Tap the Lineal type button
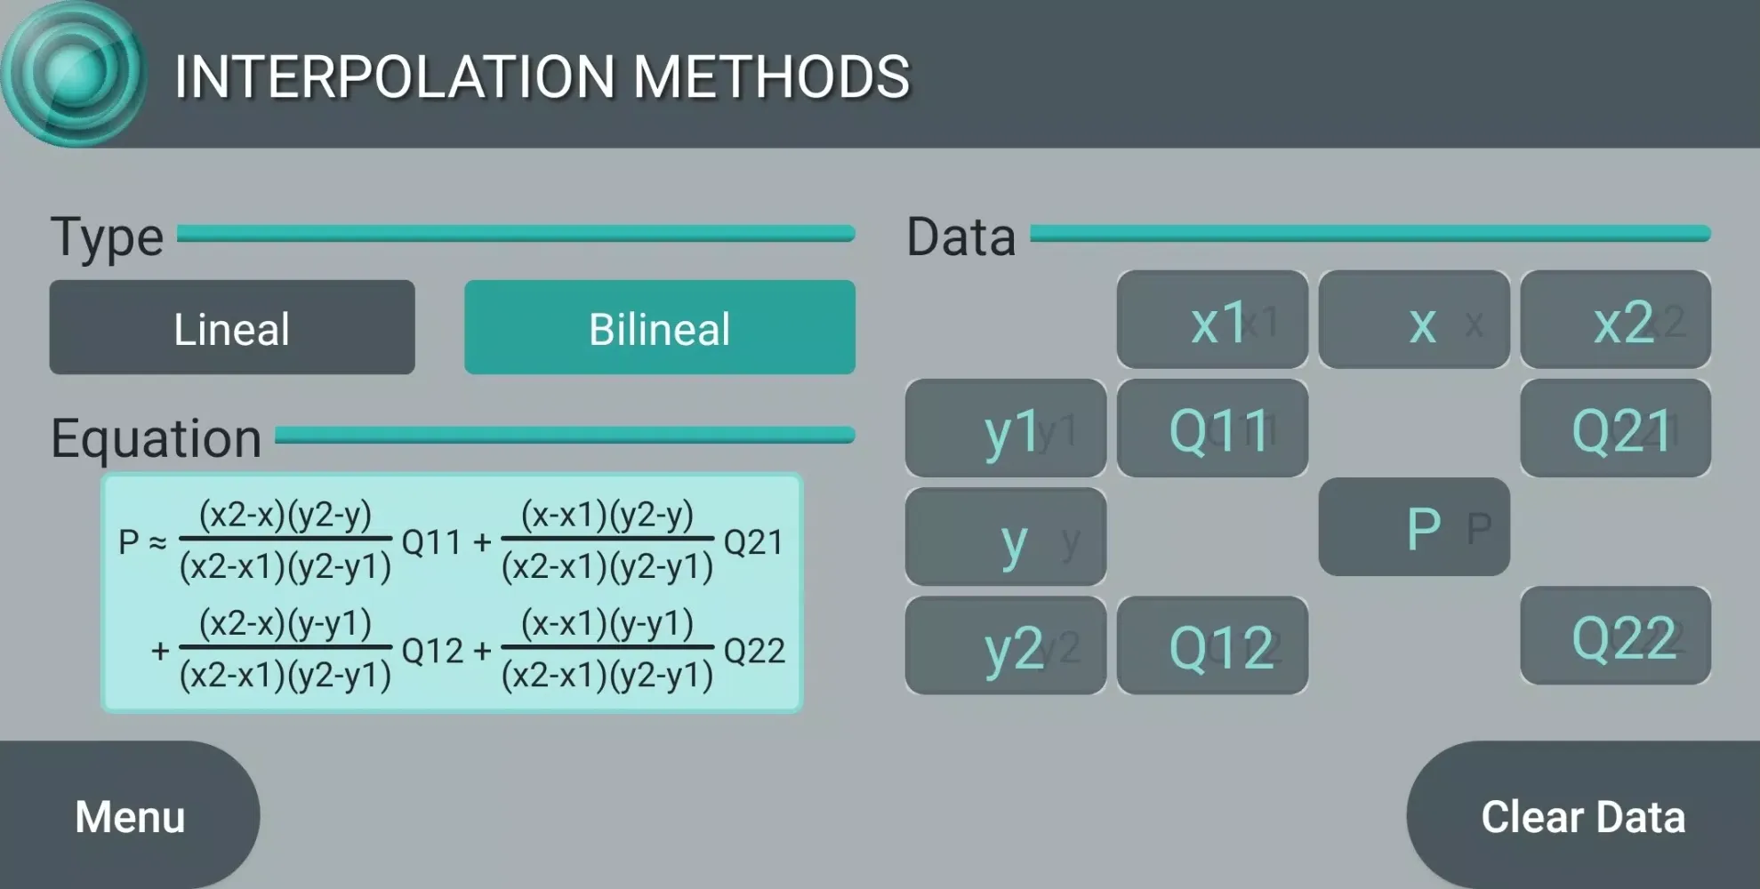(231, 327)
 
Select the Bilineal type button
(659, 327)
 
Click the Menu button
(130, 816)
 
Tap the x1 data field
(1212, 320)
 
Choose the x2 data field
(1615, 320)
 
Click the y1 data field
(1006, 428)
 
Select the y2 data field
(1006, 645)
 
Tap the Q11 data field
(1212, 428)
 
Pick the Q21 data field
(1615, 428)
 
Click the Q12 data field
(1212, 645)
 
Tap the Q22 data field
(1615, 636)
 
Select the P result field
(1414, 527)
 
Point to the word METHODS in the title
(771, 76)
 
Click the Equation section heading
(157, 437)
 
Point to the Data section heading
(960, 236)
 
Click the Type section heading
(107, 236)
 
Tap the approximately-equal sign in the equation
(157, 542)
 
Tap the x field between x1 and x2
(1414, 320)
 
